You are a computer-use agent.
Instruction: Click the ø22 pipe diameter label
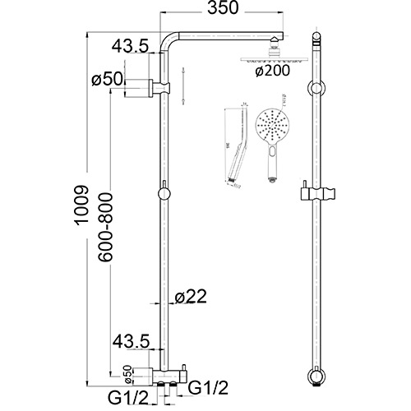[191, 298]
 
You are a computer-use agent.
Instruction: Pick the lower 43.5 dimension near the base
[131, 339]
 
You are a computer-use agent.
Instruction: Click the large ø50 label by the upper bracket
[107, 80]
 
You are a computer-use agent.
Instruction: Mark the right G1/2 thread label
[207, 386]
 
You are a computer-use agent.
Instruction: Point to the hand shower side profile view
[238, 148]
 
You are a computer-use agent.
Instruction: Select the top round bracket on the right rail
[316, 89]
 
